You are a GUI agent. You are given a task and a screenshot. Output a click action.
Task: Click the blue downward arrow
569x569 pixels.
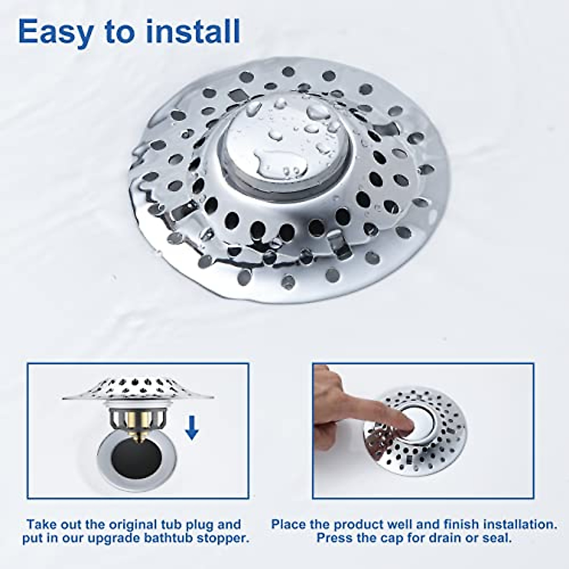coord(192,427)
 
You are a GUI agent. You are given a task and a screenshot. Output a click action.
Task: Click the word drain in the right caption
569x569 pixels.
coord(447,538)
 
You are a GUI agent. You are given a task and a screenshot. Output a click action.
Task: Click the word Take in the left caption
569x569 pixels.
coord(41,524)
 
